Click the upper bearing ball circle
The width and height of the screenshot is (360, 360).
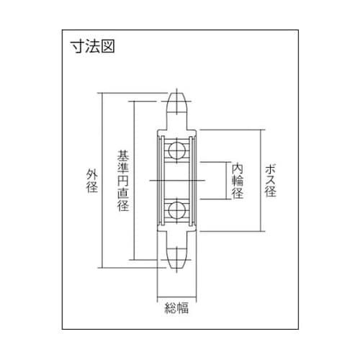click(x=176, y=150)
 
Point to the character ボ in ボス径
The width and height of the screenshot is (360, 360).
click(x=271, y=168)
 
